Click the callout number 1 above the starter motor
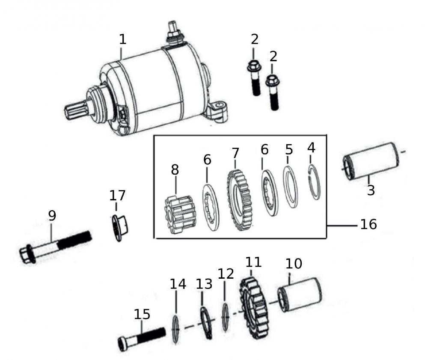point(122,39)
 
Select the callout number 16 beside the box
point(368,224)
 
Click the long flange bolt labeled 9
point(56,246)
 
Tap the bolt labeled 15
point(141,336)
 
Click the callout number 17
point(118,196)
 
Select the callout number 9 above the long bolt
point(52,216)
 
